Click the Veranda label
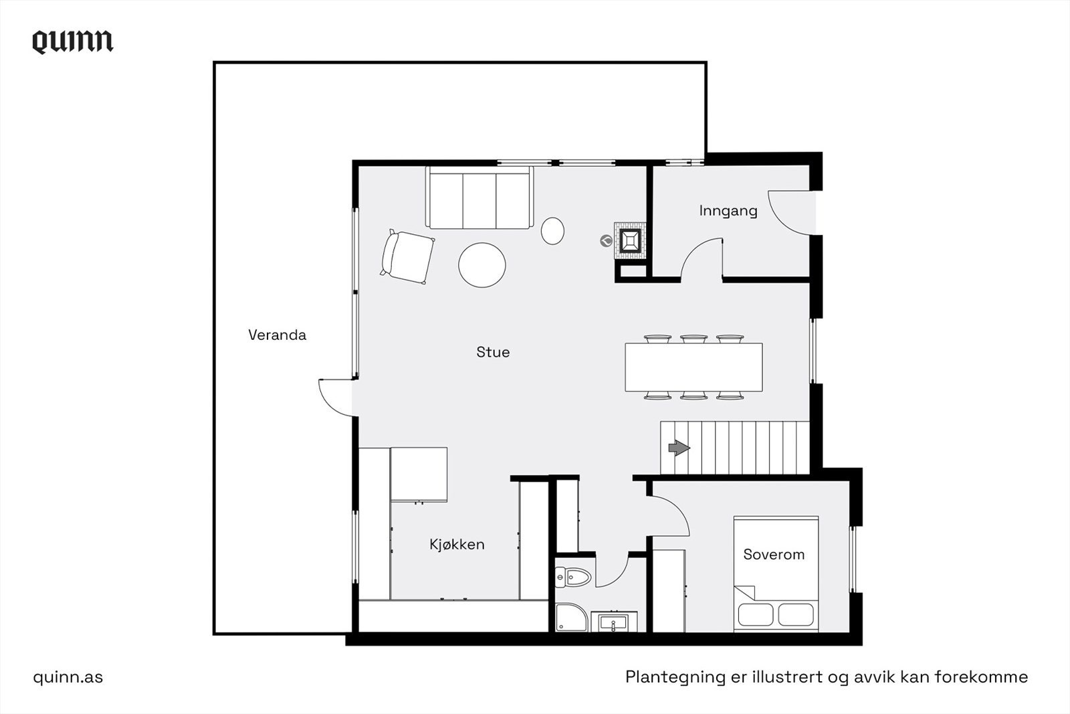click(277, 335)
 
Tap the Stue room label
click(493, 352)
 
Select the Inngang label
click(728, 211)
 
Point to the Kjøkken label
click(457, 544)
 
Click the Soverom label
click(774, 554)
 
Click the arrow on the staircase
click(679, 448)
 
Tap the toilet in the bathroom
click(574, 576)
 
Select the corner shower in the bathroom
click(570, 617)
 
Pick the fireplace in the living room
click(631, 240)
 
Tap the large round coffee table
click(481, 265)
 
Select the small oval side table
click(552, 231)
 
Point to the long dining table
click(693, 367)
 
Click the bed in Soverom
click(776, 573)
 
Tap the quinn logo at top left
click(73, 41)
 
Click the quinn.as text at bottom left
click(68, 677)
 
